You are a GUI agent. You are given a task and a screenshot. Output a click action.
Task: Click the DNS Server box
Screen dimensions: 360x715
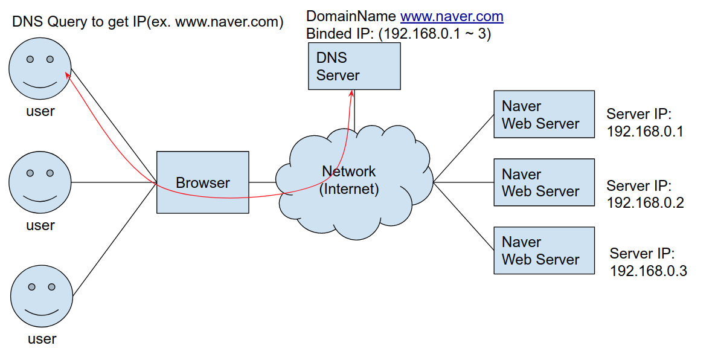pyautogui.click(x=354, y=66)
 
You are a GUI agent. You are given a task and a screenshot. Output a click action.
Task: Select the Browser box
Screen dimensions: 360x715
pyautogui.click(x=202, y=182)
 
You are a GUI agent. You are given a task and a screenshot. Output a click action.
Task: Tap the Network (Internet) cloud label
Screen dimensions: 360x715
pyautogui.click(x=349, y=180)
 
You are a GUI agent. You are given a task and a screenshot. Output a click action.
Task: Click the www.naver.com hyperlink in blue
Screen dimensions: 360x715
pyautogui.click(x=452, y=17)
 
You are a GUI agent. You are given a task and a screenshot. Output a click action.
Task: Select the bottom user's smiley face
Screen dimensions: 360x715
pyautogui.click(x=41, y=296)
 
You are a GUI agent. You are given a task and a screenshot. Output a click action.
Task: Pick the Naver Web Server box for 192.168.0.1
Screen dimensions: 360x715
pyautogui.click(x=543, y=115)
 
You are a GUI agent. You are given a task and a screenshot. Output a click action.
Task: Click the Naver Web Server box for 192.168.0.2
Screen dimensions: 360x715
pyautogui.click(x=543, y=182)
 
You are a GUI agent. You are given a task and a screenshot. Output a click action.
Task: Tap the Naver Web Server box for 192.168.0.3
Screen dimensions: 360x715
pyautogui.click(x=543, y=251)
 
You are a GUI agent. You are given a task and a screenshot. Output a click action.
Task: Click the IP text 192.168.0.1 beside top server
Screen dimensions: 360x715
pyautogui.click(x=645, y=132)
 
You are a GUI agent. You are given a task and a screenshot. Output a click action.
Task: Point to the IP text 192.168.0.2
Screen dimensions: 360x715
pyautogui.click(x=645, y=203)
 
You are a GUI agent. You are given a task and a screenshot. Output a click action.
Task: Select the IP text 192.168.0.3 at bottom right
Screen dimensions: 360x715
pyautogui.click(x=648, y=271)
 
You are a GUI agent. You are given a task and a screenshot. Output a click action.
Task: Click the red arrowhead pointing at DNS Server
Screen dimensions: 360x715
pyautogui.click(x=351, y=92)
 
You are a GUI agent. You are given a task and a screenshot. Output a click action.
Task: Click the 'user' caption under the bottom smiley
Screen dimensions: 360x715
pyautogui.click(x=42, y=339)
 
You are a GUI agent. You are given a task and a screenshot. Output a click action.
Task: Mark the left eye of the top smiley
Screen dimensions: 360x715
pyautogui.click(x=29, y=59)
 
